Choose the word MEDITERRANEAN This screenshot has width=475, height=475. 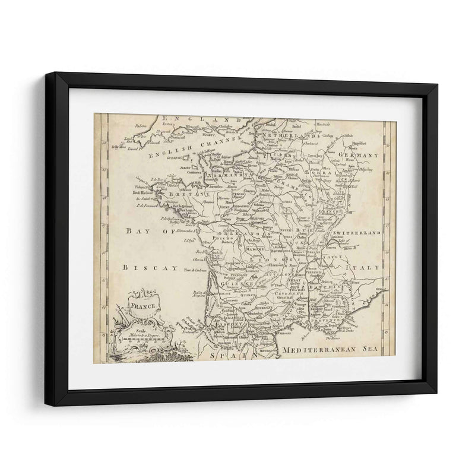click(318, 350)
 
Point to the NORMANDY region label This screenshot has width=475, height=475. click(226, 176)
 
